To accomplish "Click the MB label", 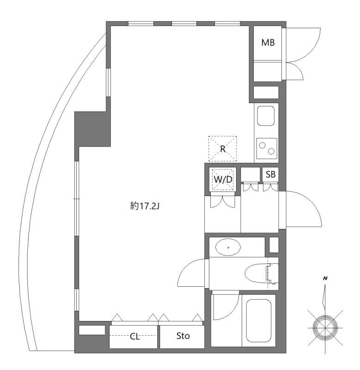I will click(268, 43).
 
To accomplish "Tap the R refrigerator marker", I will click(222, 149).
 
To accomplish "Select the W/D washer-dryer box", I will click(223, 179).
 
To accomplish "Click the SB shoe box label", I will click(271, 174).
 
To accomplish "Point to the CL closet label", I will click(134, 336).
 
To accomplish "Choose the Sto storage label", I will click(183, 336).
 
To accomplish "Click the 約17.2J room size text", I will click(145, 206).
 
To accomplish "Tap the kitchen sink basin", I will click(266, 116).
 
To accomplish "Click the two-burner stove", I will click(267, 148).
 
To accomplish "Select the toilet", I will click(259, 273).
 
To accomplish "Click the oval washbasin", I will click(228, 247).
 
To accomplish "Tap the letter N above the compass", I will click(326, 278).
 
